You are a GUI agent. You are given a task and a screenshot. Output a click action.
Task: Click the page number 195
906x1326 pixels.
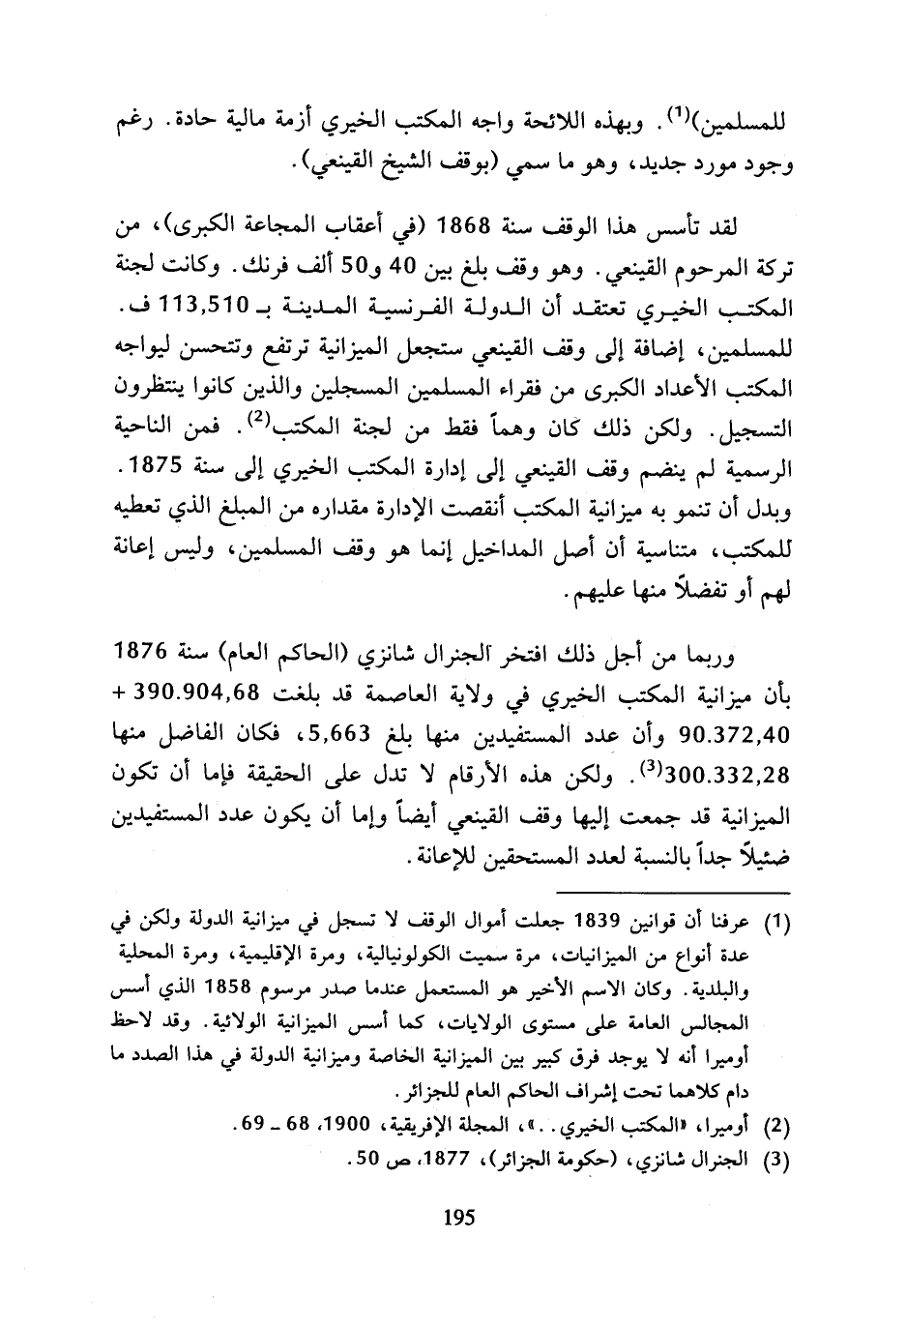click(x=457, y=1218)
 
